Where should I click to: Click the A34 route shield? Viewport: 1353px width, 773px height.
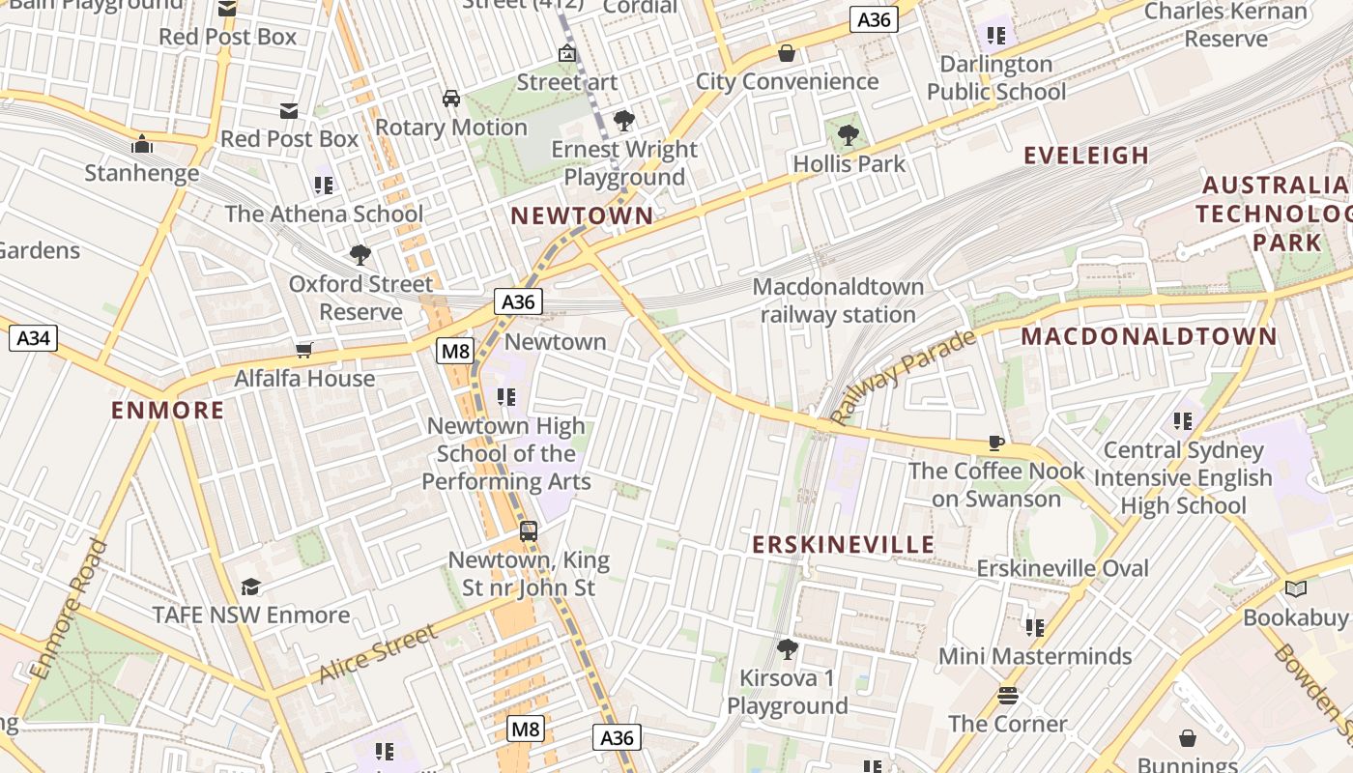34,338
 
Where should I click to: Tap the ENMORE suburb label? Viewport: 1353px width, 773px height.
167,411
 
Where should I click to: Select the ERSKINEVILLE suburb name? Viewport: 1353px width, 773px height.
844,544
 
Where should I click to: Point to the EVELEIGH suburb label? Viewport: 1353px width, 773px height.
1086,156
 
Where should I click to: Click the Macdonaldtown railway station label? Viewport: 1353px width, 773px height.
838,301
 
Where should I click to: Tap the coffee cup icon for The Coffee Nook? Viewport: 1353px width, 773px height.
995,443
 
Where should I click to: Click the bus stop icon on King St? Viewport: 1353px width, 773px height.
529,530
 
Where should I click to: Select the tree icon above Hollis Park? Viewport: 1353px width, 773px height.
849,135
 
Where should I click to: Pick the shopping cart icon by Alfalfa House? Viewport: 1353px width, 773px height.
304,350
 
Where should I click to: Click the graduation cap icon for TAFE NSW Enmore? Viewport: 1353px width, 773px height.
251,587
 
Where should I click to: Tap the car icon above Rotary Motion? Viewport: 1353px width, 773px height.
451,99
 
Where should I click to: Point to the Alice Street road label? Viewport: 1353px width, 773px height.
378,653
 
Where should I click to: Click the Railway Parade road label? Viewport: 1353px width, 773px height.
904,378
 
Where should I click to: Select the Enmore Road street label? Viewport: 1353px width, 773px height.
68,610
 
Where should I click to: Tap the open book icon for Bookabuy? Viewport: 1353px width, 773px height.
1295,588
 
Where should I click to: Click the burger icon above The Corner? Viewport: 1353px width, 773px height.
1008,696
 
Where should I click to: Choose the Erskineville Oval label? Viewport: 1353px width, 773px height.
1062,568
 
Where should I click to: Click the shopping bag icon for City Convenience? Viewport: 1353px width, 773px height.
787,53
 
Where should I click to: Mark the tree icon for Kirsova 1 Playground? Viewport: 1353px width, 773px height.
788,648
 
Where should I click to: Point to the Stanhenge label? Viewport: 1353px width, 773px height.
142,174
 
